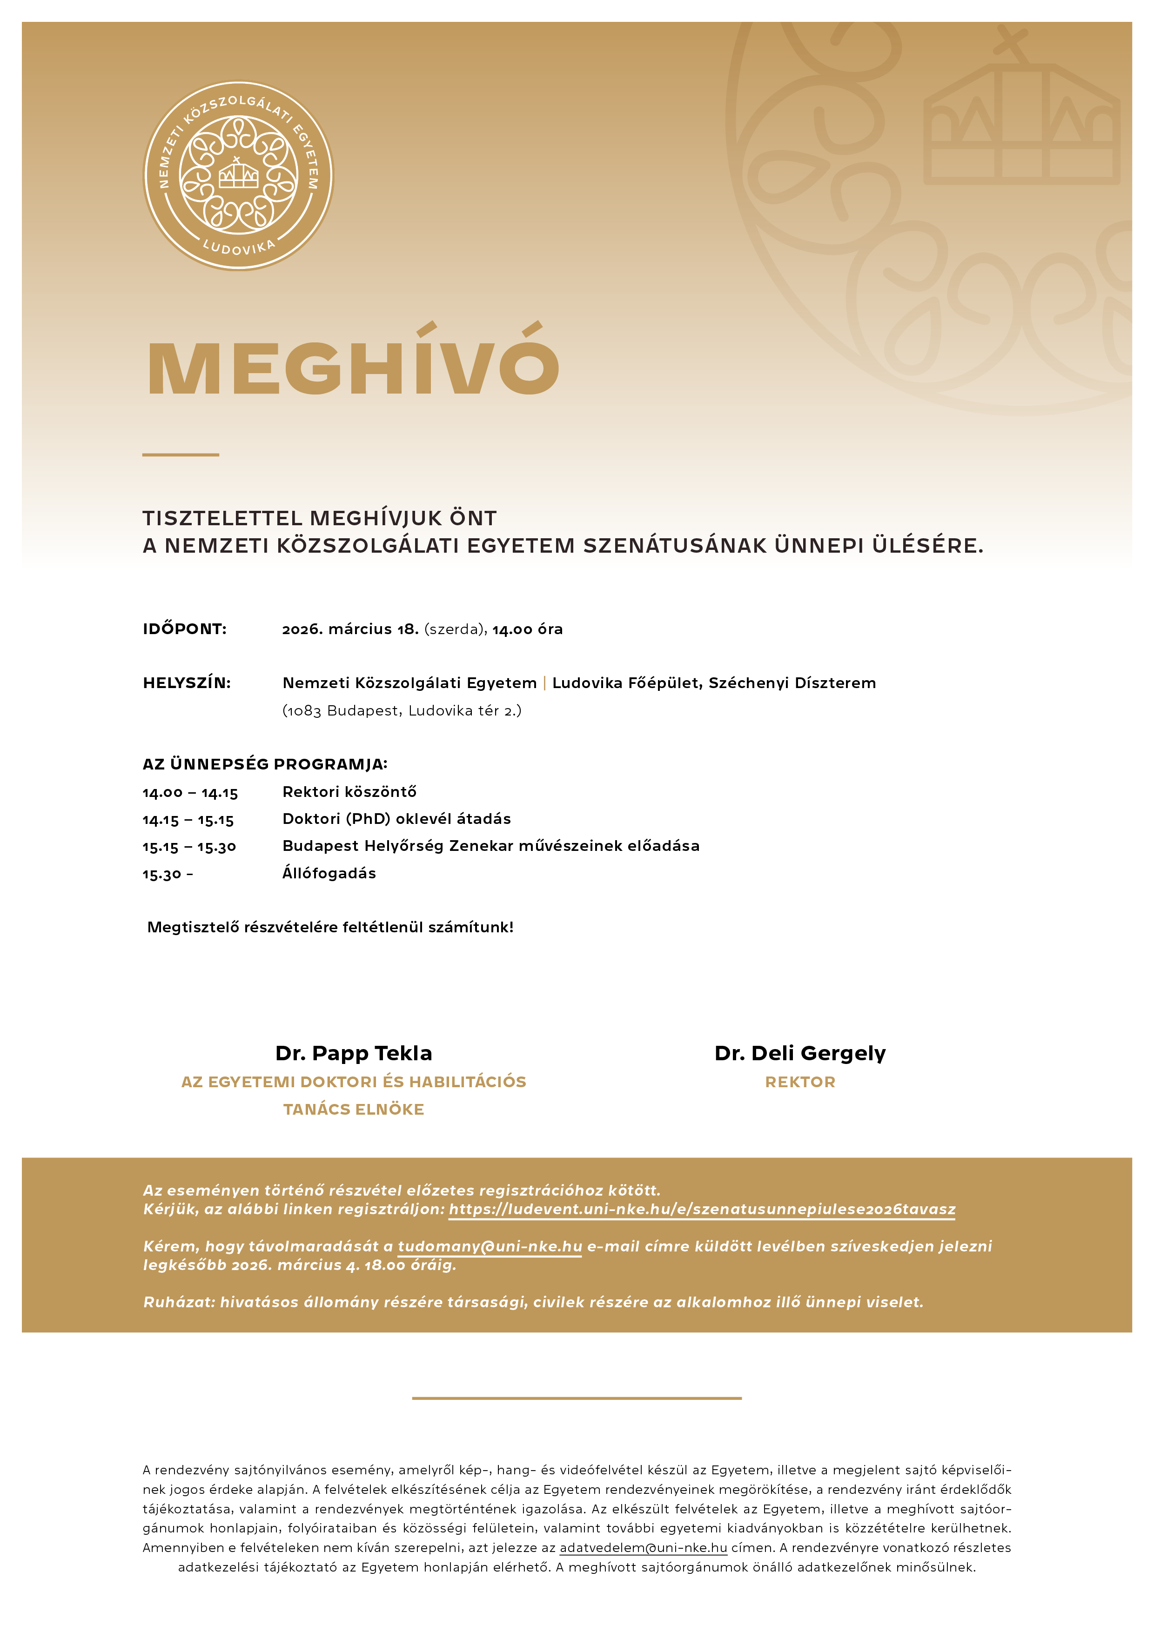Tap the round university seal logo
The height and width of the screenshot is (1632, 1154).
pos(238,175)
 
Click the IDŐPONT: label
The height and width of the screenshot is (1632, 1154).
pos(184,629)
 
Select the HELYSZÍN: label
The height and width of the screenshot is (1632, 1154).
pos(186,683)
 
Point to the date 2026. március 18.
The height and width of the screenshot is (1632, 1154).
pos(350,629)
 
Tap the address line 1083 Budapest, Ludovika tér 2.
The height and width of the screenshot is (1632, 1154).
pos(402,711)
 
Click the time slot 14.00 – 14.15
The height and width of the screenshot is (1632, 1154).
pos(190,793)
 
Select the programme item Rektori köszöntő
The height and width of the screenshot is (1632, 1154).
pos(349,792)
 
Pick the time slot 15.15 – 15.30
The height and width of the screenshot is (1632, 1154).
pos(189,847)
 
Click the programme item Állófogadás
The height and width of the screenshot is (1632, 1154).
pos(329,874)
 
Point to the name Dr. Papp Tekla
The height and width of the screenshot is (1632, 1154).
pos(353,1053)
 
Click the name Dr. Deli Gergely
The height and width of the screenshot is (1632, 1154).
pos(800,1053)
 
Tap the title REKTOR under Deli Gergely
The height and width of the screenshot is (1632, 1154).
pos(800,1082)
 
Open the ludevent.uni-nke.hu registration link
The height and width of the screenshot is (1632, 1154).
pos(702,1209)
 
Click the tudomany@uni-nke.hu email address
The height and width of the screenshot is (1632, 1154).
pos(489,1246)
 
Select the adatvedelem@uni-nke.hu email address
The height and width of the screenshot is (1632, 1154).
pos(643,1547)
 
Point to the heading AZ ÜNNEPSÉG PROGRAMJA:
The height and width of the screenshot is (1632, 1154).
pos(264,764)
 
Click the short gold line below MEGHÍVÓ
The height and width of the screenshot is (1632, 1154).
pos(180,454)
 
